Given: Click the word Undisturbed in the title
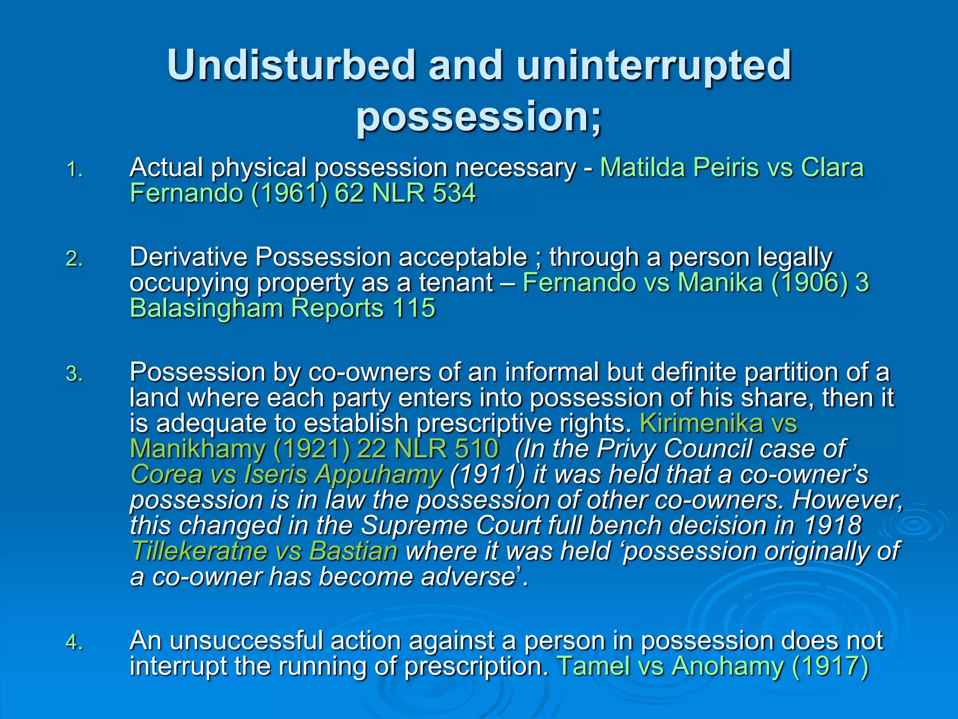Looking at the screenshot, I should (291, 66).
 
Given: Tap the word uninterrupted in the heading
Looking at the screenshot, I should (653, 66).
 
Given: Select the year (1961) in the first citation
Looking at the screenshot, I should (289, 193).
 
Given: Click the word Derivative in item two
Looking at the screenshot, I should (188, 257).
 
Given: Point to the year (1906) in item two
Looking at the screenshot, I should (809, 283).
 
